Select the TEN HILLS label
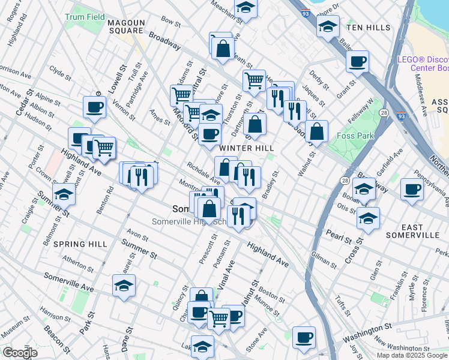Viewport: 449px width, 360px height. pos(366,28)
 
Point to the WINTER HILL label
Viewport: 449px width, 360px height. pos(246,148)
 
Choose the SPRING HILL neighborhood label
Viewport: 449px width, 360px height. pos(80,244)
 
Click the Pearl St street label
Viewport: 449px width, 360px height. pos(339,234)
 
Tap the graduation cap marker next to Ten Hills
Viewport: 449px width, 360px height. pos(328,26)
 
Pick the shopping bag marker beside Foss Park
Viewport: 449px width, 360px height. pos(316,131)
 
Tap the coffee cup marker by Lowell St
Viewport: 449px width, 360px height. pos(94,107)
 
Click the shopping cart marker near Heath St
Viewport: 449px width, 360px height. pos(254,79)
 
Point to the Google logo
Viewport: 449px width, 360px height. pos(20,353)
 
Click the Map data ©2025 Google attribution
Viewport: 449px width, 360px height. pos(412,355)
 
